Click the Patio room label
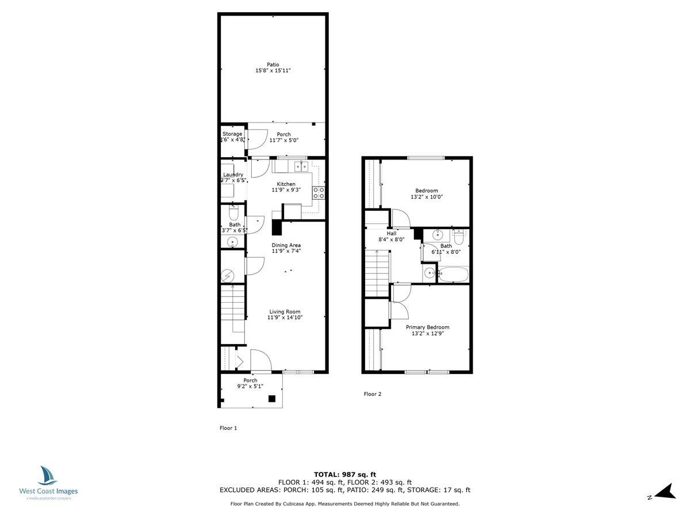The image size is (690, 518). point(273,64)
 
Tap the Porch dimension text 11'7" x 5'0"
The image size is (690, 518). point(283,140)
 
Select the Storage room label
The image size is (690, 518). point(233,134)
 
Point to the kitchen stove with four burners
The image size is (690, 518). point(319,193)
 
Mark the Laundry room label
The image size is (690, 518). point(233,174)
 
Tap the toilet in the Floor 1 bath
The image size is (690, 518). point(233,214)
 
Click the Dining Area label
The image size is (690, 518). point(286,245)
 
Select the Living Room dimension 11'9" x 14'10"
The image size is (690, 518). point(285,318)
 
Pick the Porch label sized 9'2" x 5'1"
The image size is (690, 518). point(250,380)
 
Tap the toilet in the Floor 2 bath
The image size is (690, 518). point(459,236)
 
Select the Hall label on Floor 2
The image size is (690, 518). point(392,234)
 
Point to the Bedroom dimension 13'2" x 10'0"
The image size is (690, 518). point(427,197)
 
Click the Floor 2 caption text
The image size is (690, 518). point(372,394)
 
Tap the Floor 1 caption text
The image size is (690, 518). point(228,428)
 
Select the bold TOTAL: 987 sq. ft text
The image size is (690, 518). point(345,474)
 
